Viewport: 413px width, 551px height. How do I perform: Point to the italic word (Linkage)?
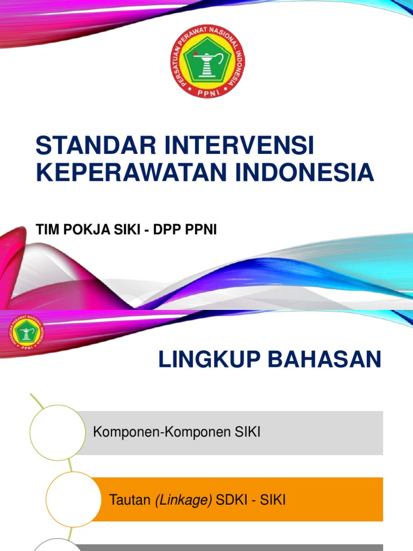(183, 500)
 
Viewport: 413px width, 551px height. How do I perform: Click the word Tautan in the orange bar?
(130, 500)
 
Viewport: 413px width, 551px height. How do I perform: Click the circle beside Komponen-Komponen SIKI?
(58, 433)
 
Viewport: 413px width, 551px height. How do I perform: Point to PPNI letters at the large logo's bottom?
(208, 91)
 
